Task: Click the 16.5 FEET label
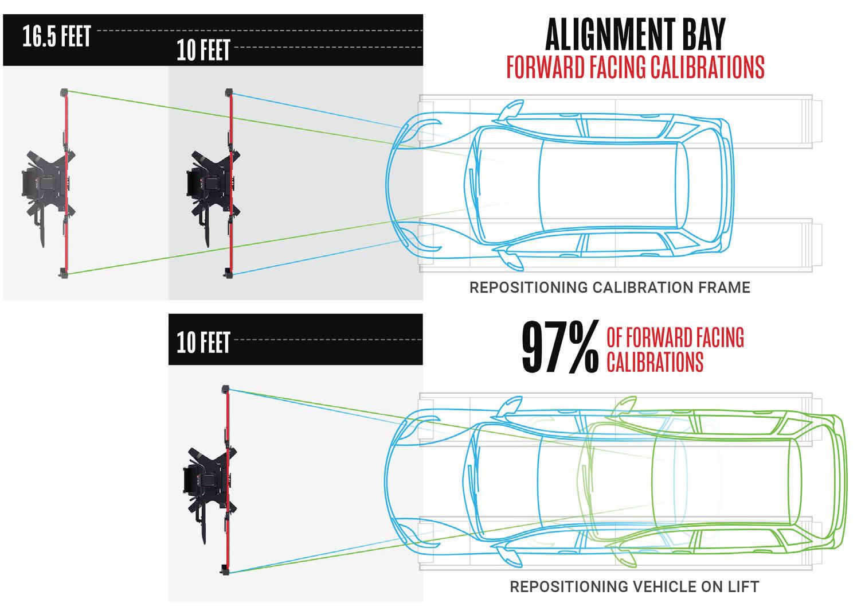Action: pos(56,38)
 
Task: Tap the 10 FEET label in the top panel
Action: pos(203,50)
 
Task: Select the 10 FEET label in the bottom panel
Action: pos(203,343)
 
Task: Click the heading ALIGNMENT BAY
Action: pos(635,36)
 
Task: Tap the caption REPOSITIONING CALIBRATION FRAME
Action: pos(609,287)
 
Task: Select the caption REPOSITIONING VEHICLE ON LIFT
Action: pos(635,587)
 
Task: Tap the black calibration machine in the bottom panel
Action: pos(203,482)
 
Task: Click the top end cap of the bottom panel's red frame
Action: pos(226,388)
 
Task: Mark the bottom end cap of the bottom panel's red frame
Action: pos(226,570)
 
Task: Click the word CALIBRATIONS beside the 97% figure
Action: pos(655,362)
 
